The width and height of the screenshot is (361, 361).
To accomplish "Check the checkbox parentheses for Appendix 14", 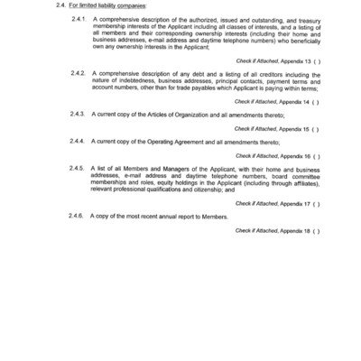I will point(317,102).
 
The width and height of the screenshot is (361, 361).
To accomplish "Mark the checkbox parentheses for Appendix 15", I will point(317,128).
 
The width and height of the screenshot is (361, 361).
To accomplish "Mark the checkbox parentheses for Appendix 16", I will point(317,154).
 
